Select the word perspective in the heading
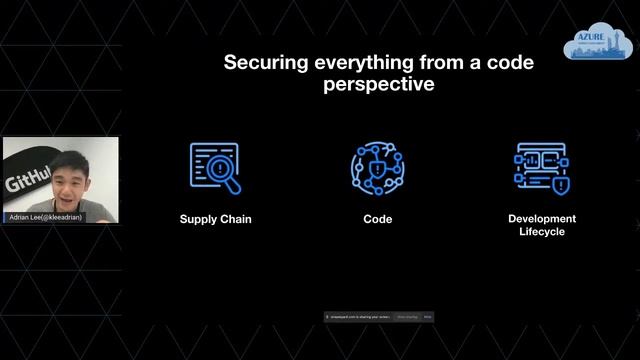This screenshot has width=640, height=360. tap(379, 85)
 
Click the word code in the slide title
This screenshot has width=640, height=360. tap(510, 63)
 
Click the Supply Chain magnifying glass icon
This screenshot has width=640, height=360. tap(215, 167)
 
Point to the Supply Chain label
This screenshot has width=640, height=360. tap(215, 219)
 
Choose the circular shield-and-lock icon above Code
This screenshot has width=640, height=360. tap(376, 167)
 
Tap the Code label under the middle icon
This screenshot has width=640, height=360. tap(377, 219)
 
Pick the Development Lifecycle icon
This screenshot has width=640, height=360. tap(541, 167)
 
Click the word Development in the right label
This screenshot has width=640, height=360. tap(542, 218)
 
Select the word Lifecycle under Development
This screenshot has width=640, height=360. tap(542, 232)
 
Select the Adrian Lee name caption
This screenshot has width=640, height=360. tap(44, 217)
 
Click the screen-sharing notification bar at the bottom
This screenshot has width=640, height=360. tap(378, 317)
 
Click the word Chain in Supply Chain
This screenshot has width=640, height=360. tap(235, 219)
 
